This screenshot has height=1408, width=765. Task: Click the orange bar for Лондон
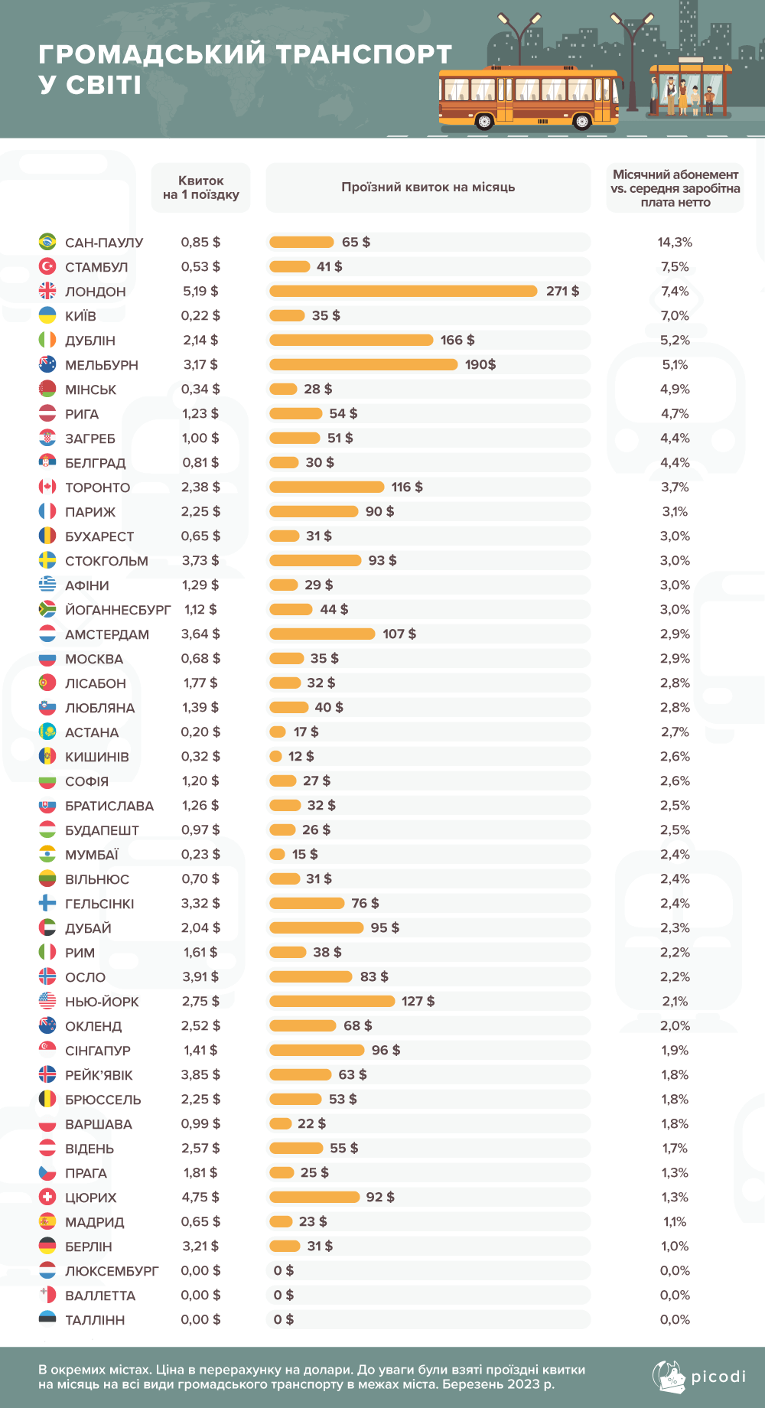[403, 291]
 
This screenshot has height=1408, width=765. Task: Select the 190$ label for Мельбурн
[480, 364]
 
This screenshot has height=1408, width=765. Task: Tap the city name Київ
[80, 316]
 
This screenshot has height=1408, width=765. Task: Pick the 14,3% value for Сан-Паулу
[675, 242]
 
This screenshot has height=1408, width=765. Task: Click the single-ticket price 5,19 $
[200, 291]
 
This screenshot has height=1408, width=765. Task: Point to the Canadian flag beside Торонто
[47, 487]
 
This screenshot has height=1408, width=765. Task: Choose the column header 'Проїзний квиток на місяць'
[428, 187]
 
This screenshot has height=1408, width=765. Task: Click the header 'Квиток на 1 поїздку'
[200, 187]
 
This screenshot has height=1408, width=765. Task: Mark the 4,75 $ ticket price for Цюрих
[200, 1197]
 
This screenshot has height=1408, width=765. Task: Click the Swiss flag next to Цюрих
[47, 1197]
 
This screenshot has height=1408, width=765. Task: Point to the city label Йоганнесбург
[118, 610]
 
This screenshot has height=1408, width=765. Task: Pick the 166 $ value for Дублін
[457, 340]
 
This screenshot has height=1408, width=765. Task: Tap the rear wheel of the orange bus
[484, 121]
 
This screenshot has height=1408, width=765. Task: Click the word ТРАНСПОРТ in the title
[363, 54]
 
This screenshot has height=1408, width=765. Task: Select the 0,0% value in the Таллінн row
[675, 1319]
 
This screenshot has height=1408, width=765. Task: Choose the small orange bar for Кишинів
[276, 756]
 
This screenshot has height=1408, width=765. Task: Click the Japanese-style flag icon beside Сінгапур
[47, 1050]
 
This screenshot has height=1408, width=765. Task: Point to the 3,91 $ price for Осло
[200, 976]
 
